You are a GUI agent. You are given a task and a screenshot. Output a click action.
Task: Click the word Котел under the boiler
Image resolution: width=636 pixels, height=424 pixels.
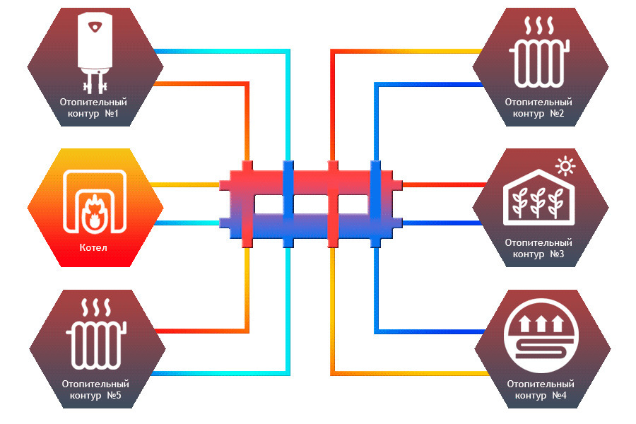pos(93,247)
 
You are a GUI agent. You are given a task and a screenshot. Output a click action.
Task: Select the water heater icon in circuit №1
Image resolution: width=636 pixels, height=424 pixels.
pos(95,52)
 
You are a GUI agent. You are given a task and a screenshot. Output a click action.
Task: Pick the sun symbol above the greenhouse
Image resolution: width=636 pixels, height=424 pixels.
pos(565,166)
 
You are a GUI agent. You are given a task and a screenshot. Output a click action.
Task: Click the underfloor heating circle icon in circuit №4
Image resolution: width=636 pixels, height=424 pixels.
pos(541,336)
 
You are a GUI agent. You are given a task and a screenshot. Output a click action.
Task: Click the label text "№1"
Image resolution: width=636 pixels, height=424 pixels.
pos(112,113)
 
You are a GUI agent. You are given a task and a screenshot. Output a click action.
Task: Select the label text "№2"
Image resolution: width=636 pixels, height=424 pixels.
pos(557,113)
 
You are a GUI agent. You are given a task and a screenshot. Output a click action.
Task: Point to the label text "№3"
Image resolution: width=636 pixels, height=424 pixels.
pos(557,254)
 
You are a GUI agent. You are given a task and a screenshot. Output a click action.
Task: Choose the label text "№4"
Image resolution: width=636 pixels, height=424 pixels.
pos(560,395)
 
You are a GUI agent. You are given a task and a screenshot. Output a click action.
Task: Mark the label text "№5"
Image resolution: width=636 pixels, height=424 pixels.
pos(114,395)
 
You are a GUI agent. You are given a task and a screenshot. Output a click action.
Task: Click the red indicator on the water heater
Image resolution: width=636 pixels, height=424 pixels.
pos(95,27)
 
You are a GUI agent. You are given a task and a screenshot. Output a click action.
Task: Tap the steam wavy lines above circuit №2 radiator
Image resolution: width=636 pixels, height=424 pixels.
pos(539,25)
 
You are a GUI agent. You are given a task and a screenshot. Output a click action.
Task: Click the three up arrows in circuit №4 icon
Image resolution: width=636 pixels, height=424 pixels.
pos(541,324)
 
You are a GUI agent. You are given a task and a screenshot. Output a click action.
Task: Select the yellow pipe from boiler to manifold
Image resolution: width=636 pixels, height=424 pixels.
pos(185,185)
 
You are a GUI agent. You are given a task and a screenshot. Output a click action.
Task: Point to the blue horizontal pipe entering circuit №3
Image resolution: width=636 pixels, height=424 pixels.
pos(442,223)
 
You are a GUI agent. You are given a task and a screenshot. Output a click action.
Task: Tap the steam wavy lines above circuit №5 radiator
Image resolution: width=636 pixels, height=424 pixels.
pos(96,308)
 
